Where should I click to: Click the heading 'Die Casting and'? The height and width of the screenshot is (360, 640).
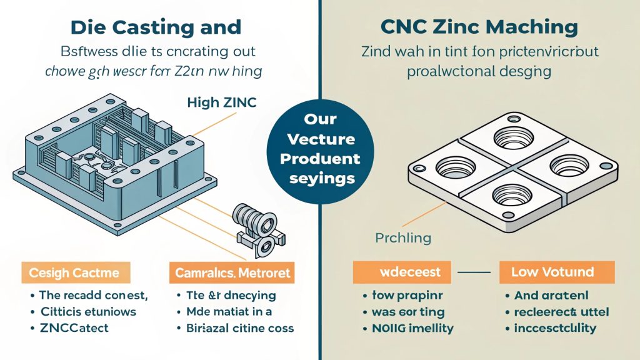[155, 27]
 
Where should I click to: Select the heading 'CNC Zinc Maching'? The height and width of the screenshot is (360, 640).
[479, 27]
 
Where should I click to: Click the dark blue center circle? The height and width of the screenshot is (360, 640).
[321, 148]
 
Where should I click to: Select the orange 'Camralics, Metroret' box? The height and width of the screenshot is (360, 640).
[232, 273]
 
